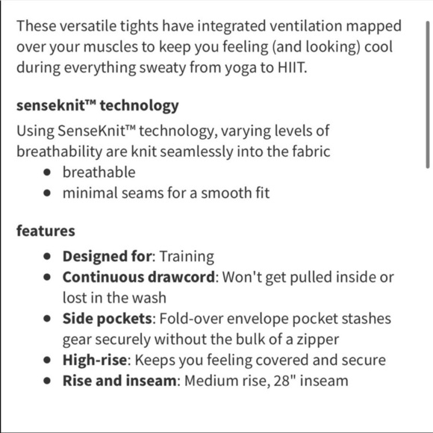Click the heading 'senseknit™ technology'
click(97, 105)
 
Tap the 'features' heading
click(46, 231)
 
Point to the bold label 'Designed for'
click(107, 256)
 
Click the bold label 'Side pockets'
click(108, 318)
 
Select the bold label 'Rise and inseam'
click(119, 381)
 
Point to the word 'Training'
click(187, 256)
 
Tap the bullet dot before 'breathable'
click(49, 172)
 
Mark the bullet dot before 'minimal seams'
click(49, 193)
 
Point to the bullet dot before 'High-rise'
click(49, 360)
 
